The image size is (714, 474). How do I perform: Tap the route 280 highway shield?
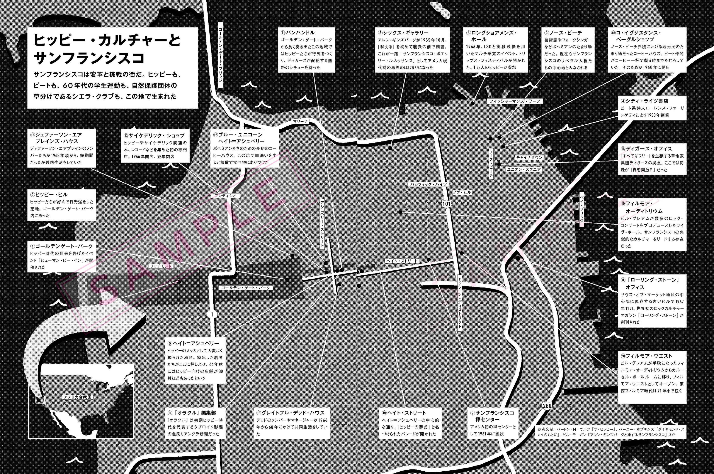(547, 406)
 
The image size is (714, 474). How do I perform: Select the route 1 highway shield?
(212, 314)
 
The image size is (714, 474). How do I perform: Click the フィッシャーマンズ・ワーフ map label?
(515, 101)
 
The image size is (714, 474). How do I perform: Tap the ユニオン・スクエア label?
(524, 169)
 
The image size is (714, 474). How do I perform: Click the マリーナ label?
(300, 121)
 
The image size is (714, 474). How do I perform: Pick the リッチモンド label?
(161, 266)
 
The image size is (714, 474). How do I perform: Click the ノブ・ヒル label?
(462, 192)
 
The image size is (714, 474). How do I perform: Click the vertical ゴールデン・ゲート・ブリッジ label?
(220, 54)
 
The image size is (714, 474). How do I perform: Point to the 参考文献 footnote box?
(610, 432)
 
